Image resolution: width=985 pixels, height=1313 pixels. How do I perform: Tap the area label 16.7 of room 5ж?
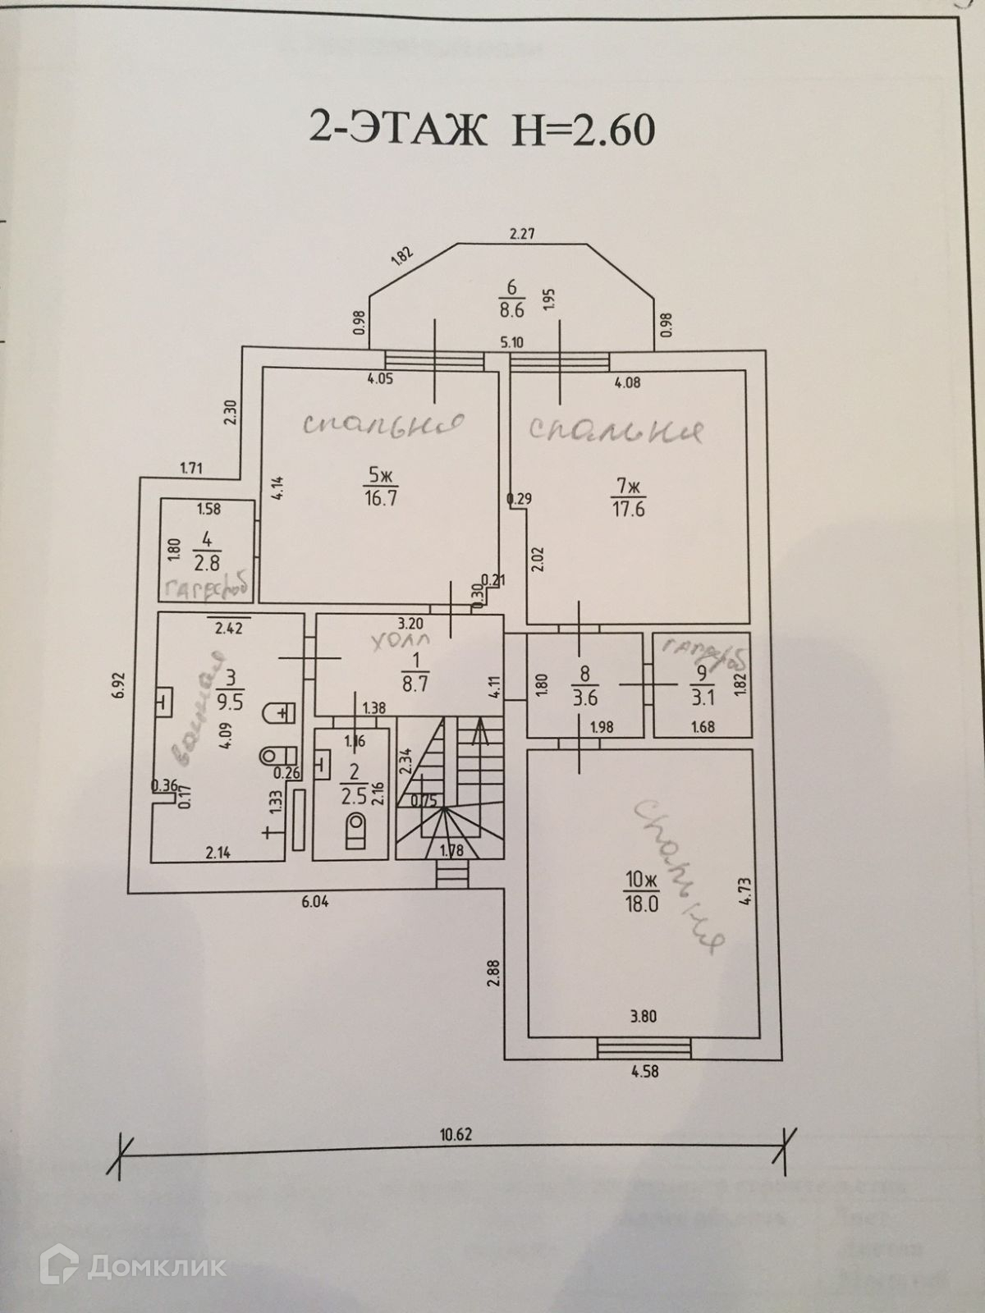pos(381,497)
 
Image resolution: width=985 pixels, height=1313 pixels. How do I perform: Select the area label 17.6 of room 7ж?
pos(629,509)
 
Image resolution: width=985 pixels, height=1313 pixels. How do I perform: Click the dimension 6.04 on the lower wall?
pos(315,901)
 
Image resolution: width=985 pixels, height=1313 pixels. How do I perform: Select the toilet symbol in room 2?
pos(355,830)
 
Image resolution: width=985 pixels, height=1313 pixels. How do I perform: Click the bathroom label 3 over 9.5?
pos(232,688)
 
